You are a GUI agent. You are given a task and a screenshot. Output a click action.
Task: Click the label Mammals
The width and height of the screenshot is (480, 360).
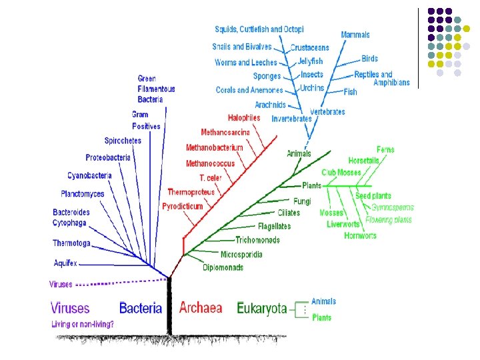pyautogui.click(x=355, y=35)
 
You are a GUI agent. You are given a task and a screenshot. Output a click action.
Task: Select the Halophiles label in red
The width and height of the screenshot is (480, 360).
pyautogui.click(x=243, y=118)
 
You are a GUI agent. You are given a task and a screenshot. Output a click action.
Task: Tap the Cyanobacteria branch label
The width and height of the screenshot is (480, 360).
pyautogui.click(x=89, y=175)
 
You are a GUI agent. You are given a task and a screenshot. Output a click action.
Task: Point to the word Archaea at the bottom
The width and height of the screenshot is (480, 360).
pyautogui.click(x=200, y=308)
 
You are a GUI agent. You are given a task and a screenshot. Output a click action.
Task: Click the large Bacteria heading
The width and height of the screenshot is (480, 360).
pyautogui.click(x=141, y=308)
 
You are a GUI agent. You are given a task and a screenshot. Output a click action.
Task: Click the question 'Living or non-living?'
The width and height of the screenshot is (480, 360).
pyautogui.click(x=83, y=325)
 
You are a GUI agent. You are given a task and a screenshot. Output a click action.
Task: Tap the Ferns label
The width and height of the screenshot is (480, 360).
pyautogui.click(x=385, y=149)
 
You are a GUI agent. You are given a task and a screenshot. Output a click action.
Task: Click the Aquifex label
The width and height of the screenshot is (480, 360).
pyautogui.click(x=65, y=263)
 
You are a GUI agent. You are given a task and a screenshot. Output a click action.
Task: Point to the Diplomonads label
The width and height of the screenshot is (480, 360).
pyautogui.click(x=223, y=268)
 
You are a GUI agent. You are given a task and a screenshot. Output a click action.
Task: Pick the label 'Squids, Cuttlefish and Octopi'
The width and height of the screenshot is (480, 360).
pyautogui.click(x=259, y=29)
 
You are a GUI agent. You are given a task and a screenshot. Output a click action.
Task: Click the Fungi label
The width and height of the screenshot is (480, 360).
pyautogui.click(x=302, y=201)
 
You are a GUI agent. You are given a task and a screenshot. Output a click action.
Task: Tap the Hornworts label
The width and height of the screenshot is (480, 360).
pyautogui.click(x=360, y=235)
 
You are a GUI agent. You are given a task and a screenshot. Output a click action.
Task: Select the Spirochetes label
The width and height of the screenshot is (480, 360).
pyautogui.click(x=123, y=141)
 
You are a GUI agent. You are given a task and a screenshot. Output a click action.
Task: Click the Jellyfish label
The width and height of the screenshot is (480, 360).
pyautogui.click(x=310, y=61)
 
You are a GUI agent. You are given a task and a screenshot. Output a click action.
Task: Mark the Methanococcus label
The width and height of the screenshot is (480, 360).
pyautogui.click(x=210, y=163)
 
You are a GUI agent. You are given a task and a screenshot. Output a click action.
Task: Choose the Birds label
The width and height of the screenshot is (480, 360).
pyautogui.click(x=369, y=59)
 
